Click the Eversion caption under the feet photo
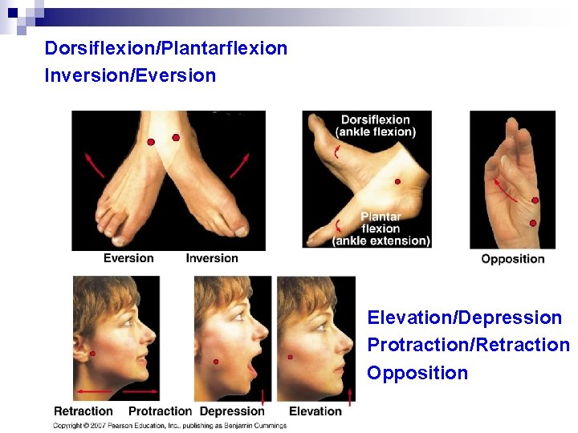tap(128, 258)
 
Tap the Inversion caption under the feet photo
tap(212, 258)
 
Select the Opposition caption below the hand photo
tap(513, 259)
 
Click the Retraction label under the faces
tap(83, 411)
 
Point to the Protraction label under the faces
tap(160, 411)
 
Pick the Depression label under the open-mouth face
tap(232, 411)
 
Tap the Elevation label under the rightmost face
tap(315, 411)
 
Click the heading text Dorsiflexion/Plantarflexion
tap(166, 48)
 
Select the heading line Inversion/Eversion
tap(131, 76)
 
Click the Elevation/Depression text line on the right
tap(464, 318)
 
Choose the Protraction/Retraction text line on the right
tap(468, 345)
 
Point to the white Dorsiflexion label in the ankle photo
tap(376, 120)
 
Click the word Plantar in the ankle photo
tap(381, 216)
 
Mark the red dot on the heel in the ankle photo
tap(397, 182)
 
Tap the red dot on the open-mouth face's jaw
tap(216, 362)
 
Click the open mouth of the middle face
tap(251, 368)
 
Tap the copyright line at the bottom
tap(169, 426)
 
